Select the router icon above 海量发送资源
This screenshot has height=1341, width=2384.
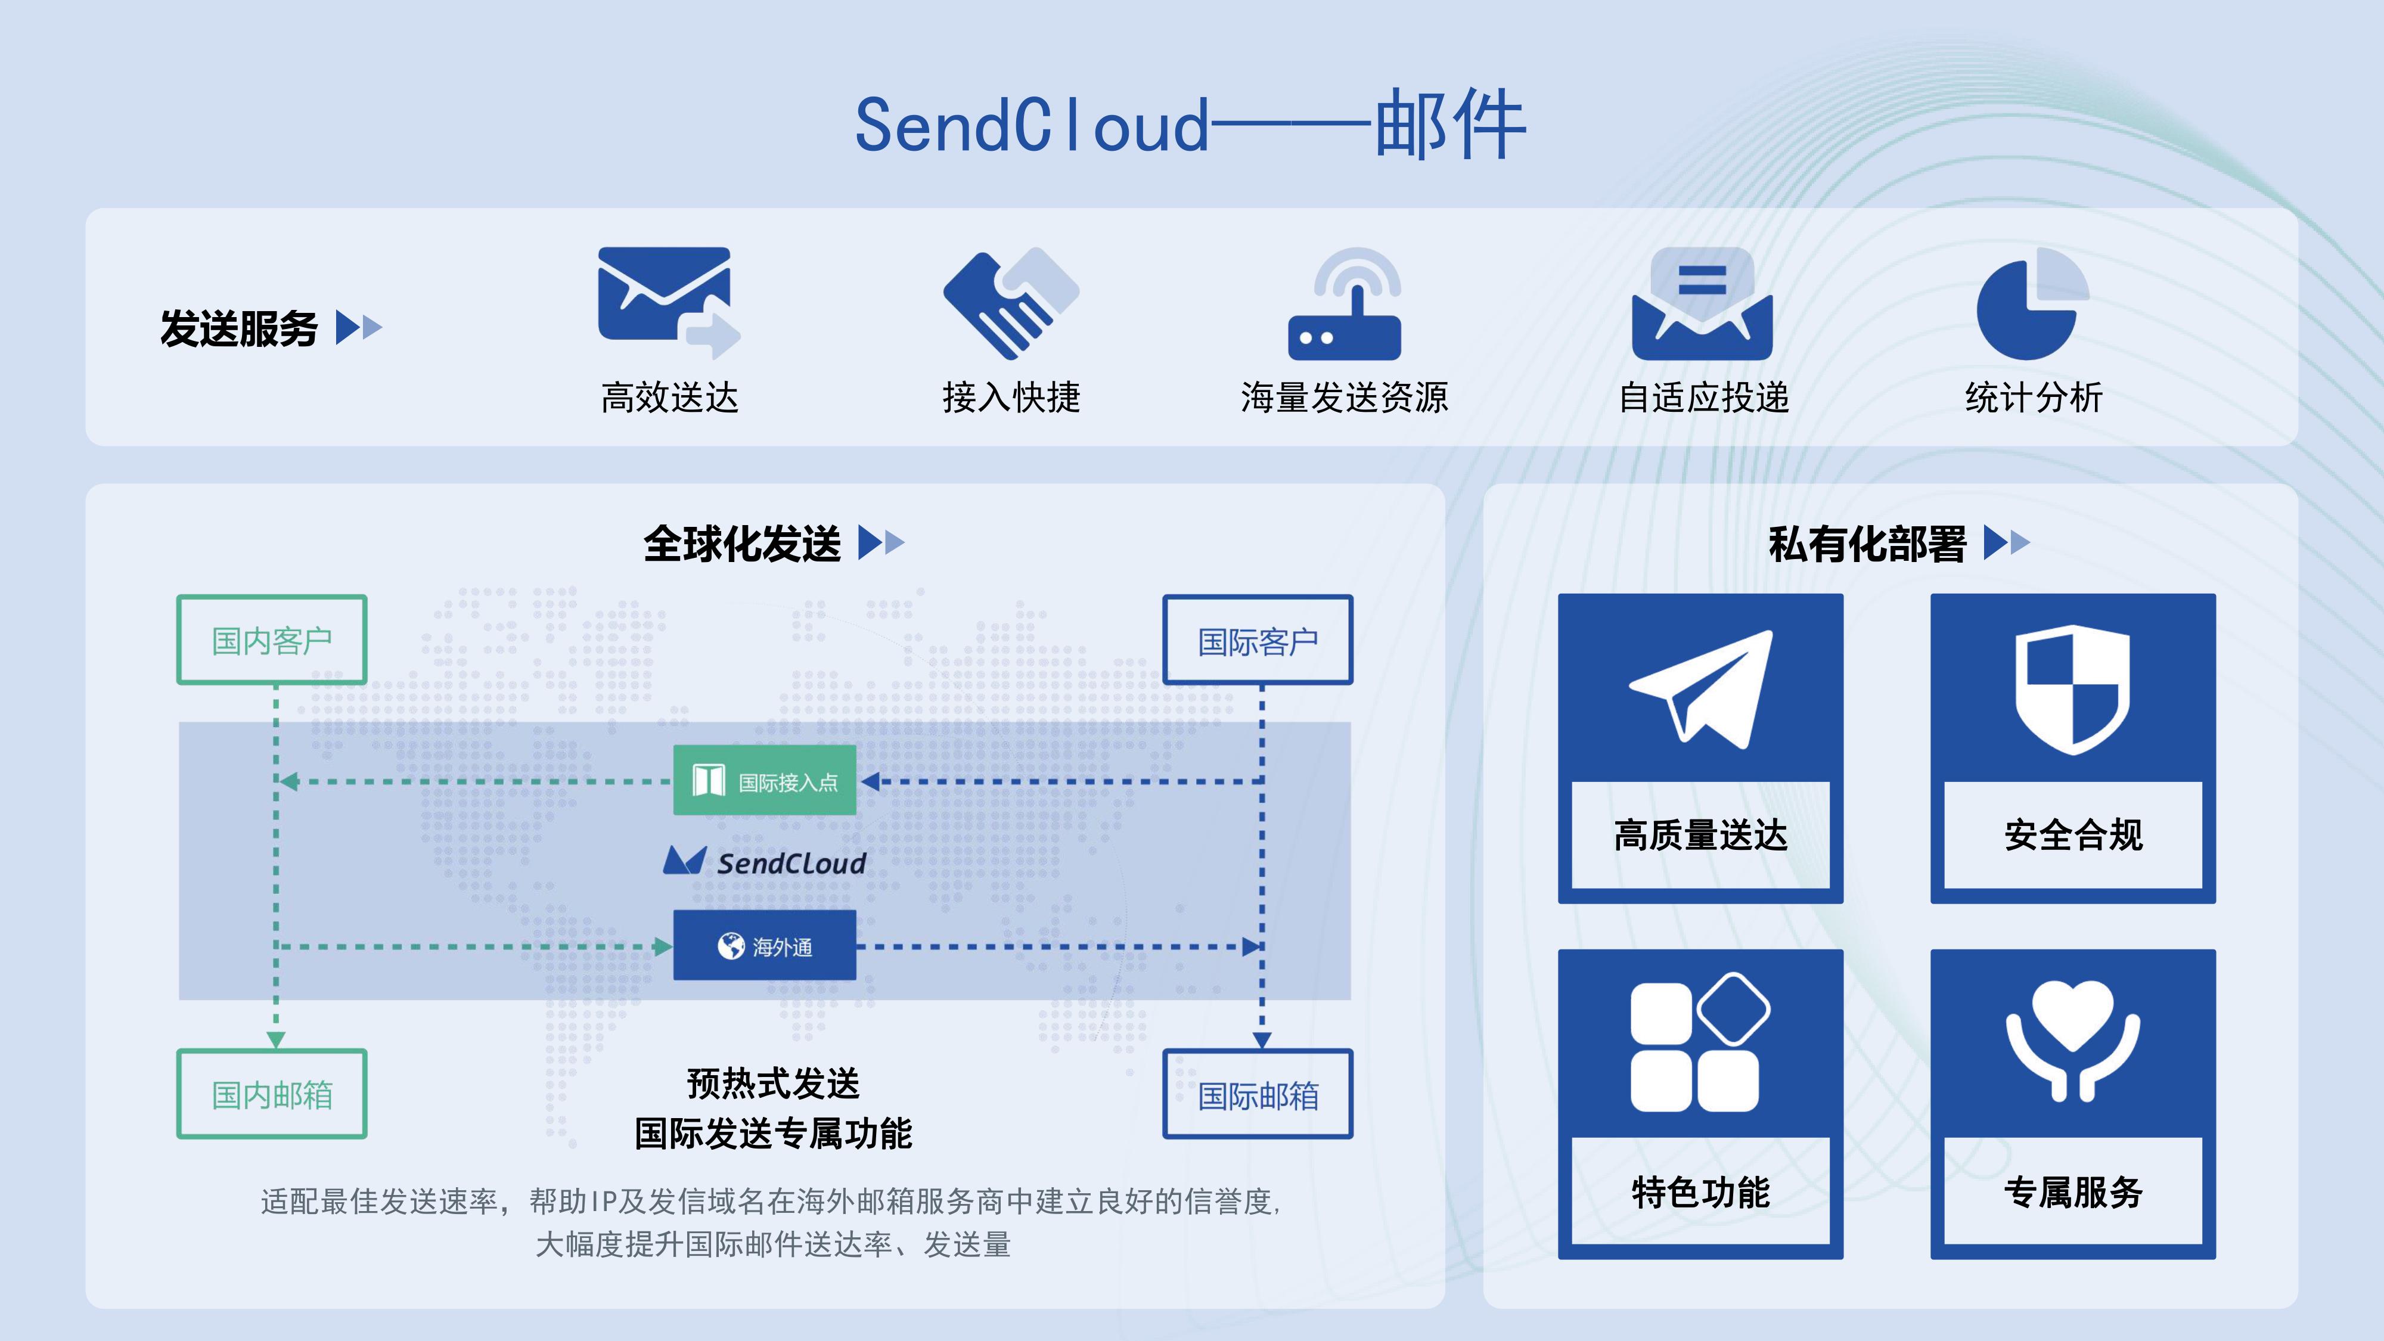pos(1345,305)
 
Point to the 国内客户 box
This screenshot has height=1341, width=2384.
pos(272,640)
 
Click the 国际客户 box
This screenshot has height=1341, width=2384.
pos(1258,641)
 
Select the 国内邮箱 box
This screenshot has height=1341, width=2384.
pos(272,1094)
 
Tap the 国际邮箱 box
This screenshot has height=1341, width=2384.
pos(1258,1095)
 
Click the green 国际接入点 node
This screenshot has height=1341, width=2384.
pos(765,781)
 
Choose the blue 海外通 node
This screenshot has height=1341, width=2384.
pos(765,946)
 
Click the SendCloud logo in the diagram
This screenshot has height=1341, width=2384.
pos(765,862)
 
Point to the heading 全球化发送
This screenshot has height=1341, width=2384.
pos(742,543)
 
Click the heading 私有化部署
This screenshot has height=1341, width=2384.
pos(1867,543)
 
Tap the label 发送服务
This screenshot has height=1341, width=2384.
pos(239,328)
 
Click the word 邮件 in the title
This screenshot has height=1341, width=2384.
pos(1449,125)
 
